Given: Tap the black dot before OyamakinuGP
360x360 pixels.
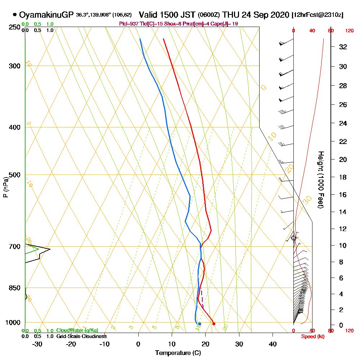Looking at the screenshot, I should [15, 15].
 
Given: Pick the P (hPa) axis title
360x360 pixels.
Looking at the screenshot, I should [5, 187].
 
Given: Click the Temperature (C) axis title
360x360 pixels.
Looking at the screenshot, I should [178, 353].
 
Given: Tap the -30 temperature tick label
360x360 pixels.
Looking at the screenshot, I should [37, 344].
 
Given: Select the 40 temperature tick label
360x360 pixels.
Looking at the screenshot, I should [273, 344].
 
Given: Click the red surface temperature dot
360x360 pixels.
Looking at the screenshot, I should [214, 324].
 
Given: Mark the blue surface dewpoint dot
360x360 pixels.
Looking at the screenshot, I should [199, 324].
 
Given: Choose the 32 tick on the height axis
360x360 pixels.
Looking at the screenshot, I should [343, 47].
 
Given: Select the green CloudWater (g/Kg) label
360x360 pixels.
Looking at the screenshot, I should [77, 330].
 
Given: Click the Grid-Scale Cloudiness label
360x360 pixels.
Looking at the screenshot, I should [81, 336].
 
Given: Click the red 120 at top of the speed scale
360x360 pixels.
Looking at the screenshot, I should [349, 31].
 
